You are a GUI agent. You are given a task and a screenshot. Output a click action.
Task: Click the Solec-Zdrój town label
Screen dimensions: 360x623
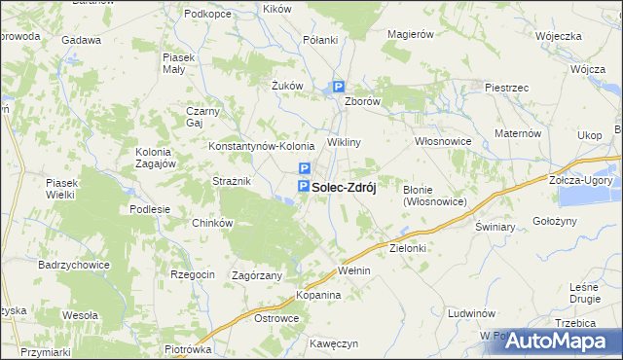(344, 186)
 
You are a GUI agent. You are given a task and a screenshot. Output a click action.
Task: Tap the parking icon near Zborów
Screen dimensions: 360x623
(338, 86)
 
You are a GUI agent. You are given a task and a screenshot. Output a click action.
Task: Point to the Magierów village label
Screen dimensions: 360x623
(409, 34)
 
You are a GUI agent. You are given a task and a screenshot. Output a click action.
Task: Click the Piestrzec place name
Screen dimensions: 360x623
(506, 88)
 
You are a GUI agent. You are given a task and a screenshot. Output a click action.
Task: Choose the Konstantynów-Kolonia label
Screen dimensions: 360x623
(260, 146)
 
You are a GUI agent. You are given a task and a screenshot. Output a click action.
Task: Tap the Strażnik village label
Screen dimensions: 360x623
(233, 182)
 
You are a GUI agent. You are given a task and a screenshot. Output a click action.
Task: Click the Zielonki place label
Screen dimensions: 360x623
(409, 248)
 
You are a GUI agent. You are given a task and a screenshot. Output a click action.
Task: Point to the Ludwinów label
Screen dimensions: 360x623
(472, 314)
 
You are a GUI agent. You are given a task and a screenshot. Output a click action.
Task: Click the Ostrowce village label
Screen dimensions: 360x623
(275, 318)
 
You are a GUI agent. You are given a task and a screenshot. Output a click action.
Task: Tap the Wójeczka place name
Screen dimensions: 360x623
(558, 36)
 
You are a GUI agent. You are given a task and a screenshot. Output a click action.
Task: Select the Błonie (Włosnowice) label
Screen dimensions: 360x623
(434, 196)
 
